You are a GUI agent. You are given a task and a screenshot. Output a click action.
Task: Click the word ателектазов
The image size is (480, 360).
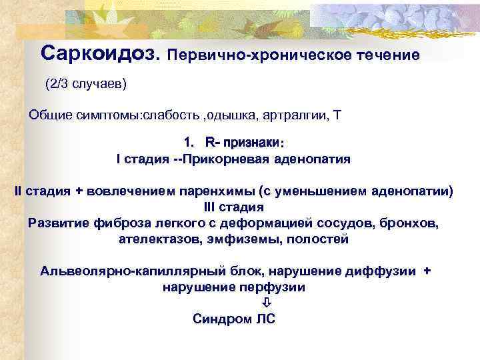[155, 239]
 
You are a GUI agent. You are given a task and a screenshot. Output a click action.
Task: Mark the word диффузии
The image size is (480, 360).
[383, 271]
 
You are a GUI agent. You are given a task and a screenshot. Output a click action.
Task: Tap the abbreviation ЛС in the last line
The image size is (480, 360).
[264, 319]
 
